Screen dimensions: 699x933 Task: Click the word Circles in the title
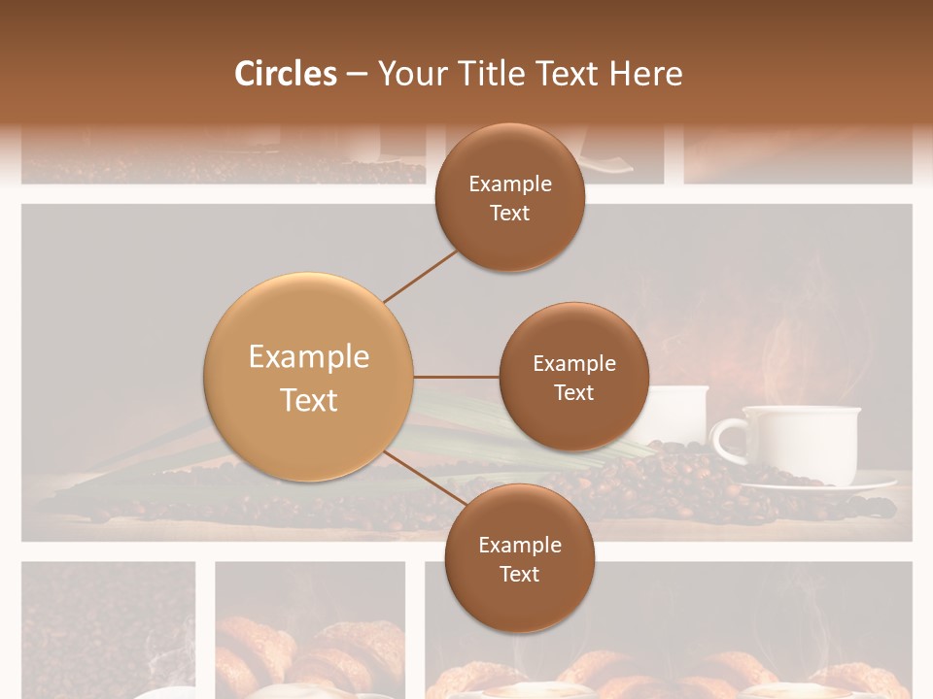[x=286, y=74]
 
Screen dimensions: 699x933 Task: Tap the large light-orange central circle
[x=309, y=378]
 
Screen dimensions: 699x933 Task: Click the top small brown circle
[x=510, y=198]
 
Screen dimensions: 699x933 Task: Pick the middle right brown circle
[x=573, y=377]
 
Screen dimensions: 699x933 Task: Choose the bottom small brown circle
[x=520, y=558]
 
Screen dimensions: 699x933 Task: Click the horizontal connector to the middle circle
[x=456, y=377]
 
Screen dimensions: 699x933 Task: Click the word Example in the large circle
[x=309, y=356]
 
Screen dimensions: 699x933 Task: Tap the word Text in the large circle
[x=309, y=400]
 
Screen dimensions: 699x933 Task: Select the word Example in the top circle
[x=510, y=183]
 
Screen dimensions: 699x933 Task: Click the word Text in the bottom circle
[x=520, y=574]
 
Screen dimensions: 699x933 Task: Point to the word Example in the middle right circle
[x=574, y=363]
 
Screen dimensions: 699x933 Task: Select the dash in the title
[x=357, y=74]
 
